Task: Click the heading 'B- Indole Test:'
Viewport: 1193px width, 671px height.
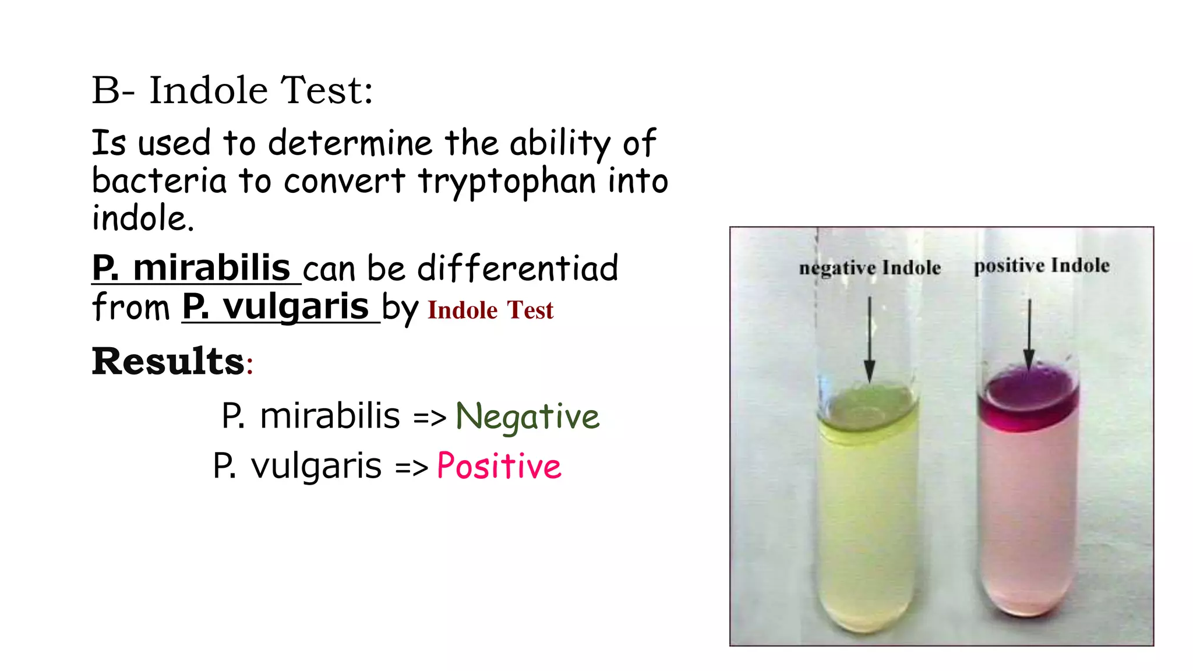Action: click(x=232, y=91)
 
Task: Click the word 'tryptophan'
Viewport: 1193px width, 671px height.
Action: click(x=507, y=181)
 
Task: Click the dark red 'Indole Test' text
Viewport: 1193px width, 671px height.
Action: click(x=490, y=310)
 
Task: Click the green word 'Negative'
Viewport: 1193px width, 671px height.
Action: click(x=527, y=416)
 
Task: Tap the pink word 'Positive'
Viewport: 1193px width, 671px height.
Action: click(x=499, y=466)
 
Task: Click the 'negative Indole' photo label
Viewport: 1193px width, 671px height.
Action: click(x=870, y=268)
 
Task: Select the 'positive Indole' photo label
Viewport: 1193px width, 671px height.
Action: click(x=1042, y=266)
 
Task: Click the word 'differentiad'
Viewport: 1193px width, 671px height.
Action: click(x=518, y=269)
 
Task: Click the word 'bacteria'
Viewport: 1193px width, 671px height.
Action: click(x=159, y=181)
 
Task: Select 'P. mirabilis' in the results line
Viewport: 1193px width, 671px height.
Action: click(x=310, y=416)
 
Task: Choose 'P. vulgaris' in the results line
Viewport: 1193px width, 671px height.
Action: click(x=297, y=466)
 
